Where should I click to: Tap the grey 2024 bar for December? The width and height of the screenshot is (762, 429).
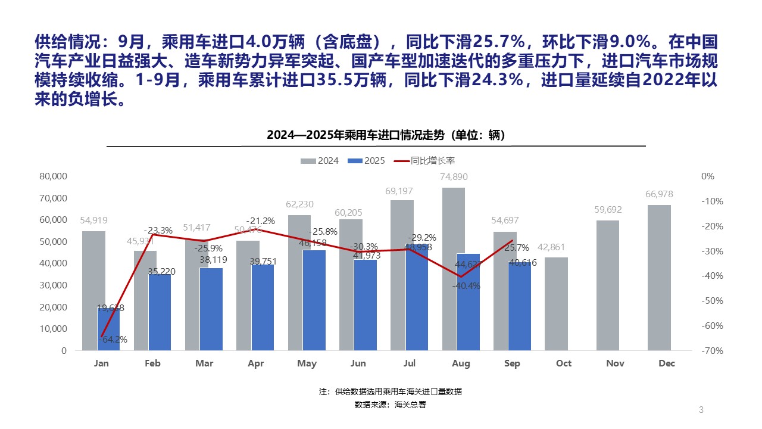pos(659,278)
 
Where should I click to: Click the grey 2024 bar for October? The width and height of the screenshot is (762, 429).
pos(556,304)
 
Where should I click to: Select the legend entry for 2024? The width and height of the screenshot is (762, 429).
pos(320,161)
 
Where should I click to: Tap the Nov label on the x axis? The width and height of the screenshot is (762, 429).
pos(615,363)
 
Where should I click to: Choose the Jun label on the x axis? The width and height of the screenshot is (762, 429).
pos(358,363)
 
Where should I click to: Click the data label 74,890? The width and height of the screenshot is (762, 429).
pos(453,177)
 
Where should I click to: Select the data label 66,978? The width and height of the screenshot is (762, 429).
pos(659,195)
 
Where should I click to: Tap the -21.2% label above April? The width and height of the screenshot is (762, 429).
pos(261,221)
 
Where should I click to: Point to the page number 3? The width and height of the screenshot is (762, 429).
pos(701,409)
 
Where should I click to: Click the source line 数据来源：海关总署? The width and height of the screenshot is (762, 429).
pos(390,405)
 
